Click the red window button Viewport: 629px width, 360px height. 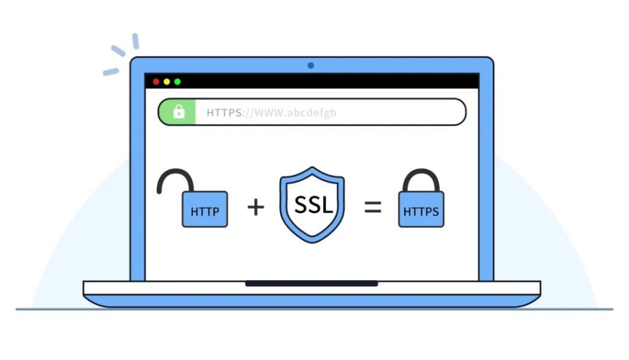156,82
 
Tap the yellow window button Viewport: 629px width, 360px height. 167,82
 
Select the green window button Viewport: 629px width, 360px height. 178,82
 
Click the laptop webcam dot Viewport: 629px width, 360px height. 310,65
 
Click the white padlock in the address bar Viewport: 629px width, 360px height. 179,112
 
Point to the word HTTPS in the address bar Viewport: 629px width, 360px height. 224,113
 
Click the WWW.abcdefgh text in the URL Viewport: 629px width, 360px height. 295,113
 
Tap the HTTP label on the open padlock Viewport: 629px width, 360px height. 205,211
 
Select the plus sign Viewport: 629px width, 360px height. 256,207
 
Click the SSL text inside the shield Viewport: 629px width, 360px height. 314,205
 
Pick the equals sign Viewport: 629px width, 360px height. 373,207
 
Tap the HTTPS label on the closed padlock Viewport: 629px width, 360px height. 421,211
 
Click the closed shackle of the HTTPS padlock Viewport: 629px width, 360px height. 421,180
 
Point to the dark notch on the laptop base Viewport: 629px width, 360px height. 311,284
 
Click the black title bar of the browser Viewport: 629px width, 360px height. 311,81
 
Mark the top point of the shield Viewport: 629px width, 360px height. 312,167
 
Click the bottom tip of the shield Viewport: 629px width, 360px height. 312,243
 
